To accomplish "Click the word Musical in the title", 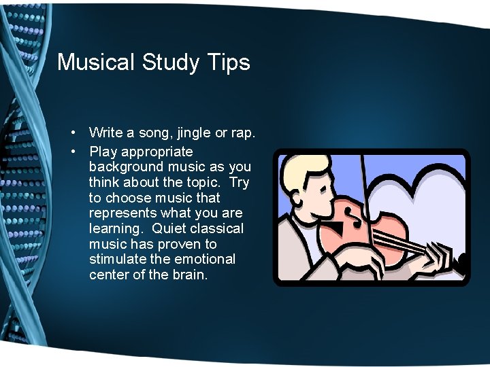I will (x=97, y=63).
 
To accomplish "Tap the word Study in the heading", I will (x=171, y=63).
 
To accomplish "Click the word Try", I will (x=239, y=182).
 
